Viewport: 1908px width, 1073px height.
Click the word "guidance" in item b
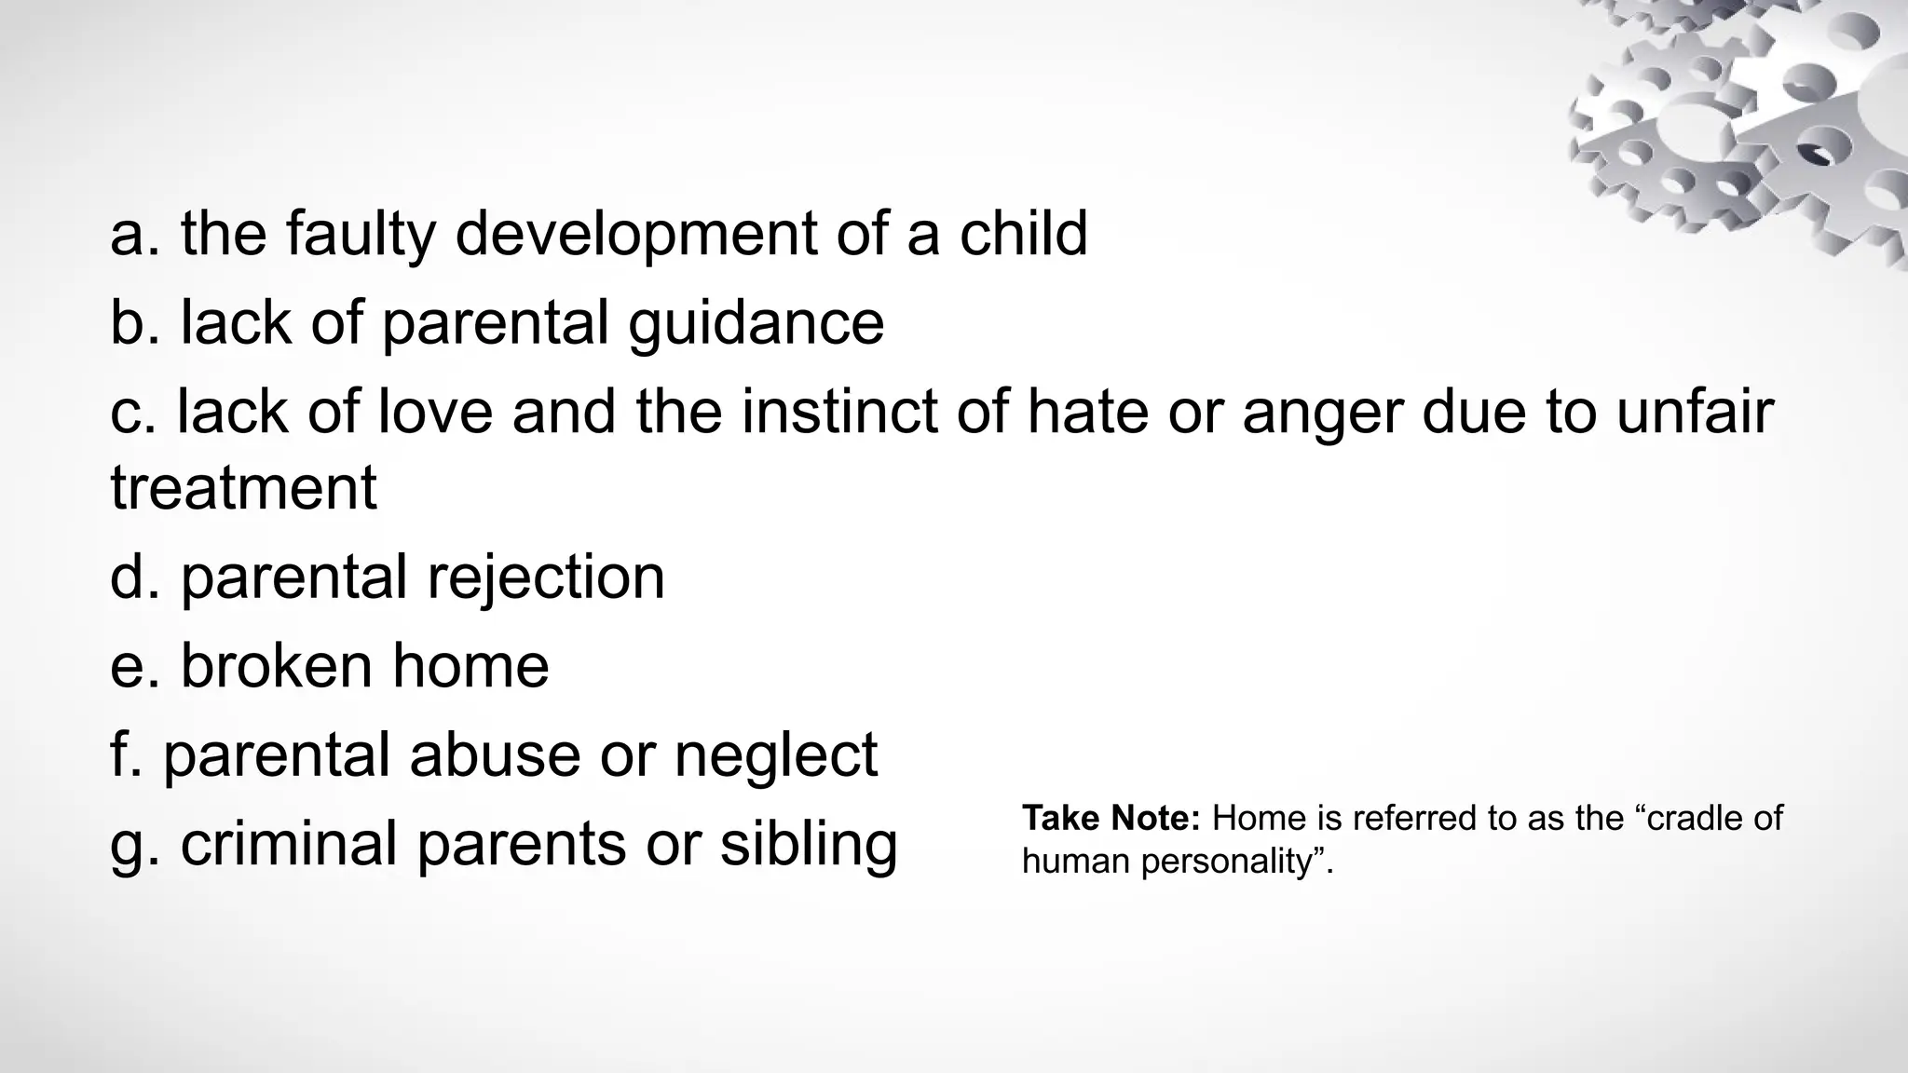[x=756, y=324]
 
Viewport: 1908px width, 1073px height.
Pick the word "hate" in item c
[x=1087, y=412]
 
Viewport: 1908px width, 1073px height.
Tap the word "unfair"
[x=1695, y=412]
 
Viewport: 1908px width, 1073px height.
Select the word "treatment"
[x=243, y=488]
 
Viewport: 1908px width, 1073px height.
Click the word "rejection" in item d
[x=546, y=578]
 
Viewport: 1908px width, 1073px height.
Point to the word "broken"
[x=276, y=666]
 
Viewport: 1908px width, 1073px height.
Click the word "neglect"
[x=776, y=756]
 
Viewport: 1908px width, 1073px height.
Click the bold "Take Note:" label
[x=1111, y=818]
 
